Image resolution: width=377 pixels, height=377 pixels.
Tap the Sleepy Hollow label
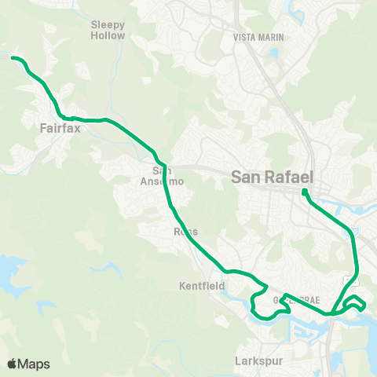click(x=108, y=30)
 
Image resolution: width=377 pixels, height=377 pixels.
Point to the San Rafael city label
click(x=273, y=178)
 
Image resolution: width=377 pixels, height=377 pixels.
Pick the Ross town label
click(x=185, y=232)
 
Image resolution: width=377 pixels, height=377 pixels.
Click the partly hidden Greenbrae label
click(x=295, y=301)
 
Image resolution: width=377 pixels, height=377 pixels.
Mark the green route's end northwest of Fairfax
click(x=13, y=57)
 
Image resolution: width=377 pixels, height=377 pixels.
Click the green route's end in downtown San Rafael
click(x=304, y=191)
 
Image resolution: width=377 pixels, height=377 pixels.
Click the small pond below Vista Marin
click(x=273, y=54)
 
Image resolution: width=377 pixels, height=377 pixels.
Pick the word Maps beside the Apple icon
click(x=35, y=364)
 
